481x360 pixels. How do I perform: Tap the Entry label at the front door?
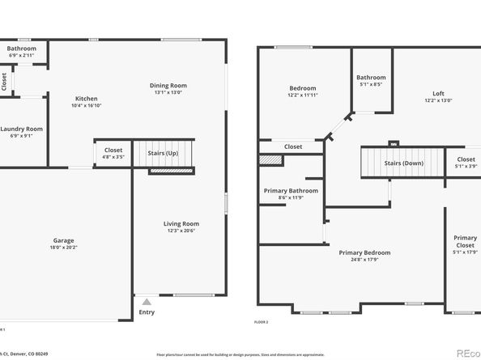(x=147, y=312)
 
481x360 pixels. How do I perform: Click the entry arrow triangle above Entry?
(x=147, y=299)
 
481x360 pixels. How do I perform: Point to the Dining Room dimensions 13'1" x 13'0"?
(x=168, y=92)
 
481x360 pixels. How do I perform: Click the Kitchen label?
(x=87, y=98)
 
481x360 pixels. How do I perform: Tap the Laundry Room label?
(x=21, y=129)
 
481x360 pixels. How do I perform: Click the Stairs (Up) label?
(x=163, y=152)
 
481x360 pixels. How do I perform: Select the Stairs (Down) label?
(x=403, y=163)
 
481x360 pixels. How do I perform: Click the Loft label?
(x=438, y=93)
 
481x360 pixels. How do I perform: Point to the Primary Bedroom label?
(x=364, y=252)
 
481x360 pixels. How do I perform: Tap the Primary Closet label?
(x=465, y=241)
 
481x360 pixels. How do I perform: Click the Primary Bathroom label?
(x=291, y=191)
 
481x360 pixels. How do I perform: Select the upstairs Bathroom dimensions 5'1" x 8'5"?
(x=371, y=84)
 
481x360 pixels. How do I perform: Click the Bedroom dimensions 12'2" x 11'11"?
(x=303, y=95)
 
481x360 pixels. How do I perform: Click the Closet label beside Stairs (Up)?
(x=113, y=150)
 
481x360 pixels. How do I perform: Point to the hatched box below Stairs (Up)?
(x=170, y=170)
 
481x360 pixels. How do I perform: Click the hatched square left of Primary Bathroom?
(x=270, y=160)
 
